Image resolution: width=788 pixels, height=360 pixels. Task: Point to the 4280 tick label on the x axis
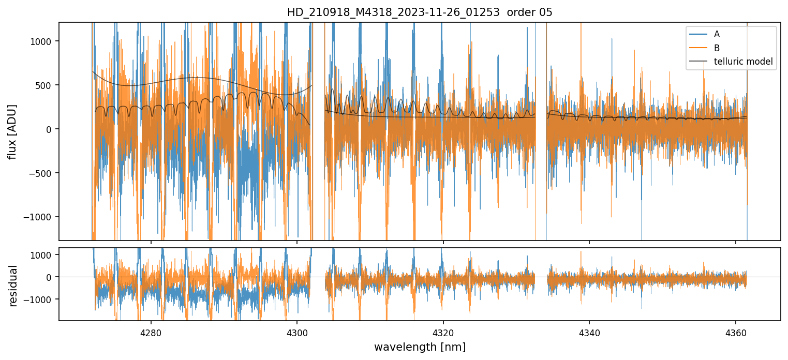151,332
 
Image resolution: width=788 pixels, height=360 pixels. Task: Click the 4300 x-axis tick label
297,332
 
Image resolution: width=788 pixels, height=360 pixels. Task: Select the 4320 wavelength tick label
443,332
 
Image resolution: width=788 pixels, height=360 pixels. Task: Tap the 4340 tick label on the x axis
589,332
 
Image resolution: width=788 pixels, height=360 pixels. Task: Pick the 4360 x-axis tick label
736,332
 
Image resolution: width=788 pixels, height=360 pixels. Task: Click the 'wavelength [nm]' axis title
420,347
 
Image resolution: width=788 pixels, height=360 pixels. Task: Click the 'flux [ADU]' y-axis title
12,131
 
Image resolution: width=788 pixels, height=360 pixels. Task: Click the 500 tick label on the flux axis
46,85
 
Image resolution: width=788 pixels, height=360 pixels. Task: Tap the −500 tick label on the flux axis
43,173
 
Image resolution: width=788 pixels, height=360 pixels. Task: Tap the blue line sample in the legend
697,34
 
